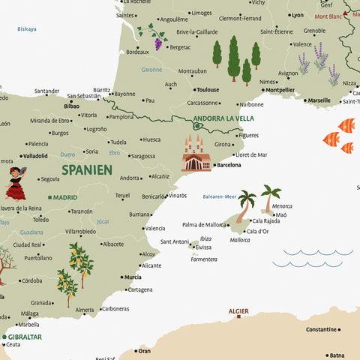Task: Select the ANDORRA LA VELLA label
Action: pyautogui.click(x=223, y=118)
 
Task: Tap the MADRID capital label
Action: pyautogui.click(x=65, y=197)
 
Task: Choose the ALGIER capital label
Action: pyautogui.click(x=238, y=310)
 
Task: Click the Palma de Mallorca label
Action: pyautogui.click(x=204, y=224)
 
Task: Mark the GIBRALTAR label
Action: pyautogui.click(x=25, y=337)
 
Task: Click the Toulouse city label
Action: pyautogui.click(x=208, y=89)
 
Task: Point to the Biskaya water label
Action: pyautogui.click(x=27, y=29)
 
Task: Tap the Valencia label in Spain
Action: pyautogui.click(x=155, y=228)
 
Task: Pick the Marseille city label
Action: pyautogui.click(x=319, y=100)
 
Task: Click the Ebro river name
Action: pyautogui.click(x=114, y=153)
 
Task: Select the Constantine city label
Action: pyautogui.click(x=321, y=329)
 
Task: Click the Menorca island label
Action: pyautogui.click(x=282, y=205)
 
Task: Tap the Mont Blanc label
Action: pyautogui.click(x=328, y=16)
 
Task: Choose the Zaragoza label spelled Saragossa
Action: pyautogui.click(x=143, y=157)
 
